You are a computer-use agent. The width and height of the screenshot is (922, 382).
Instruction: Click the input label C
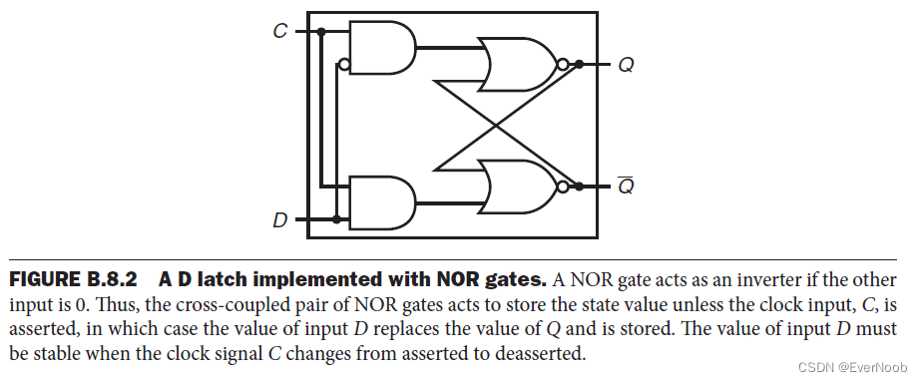280,32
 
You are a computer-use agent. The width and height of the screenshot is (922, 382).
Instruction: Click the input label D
280,218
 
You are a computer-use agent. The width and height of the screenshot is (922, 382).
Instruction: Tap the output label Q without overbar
626,66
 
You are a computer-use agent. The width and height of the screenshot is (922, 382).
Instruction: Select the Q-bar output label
626,187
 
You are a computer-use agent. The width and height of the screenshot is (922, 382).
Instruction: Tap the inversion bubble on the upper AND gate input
344,66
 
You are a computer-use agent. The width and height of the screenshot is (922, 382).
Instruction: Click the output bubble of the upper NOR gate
563,66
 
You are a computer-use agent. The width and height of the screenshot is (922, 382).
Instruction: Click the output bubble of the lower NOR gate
563,187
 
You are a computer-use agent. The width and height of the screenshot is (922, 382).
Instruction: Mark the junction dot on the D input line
337,218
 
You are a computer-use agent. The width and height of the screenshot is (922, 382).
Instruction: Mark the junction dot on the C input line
321,33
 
